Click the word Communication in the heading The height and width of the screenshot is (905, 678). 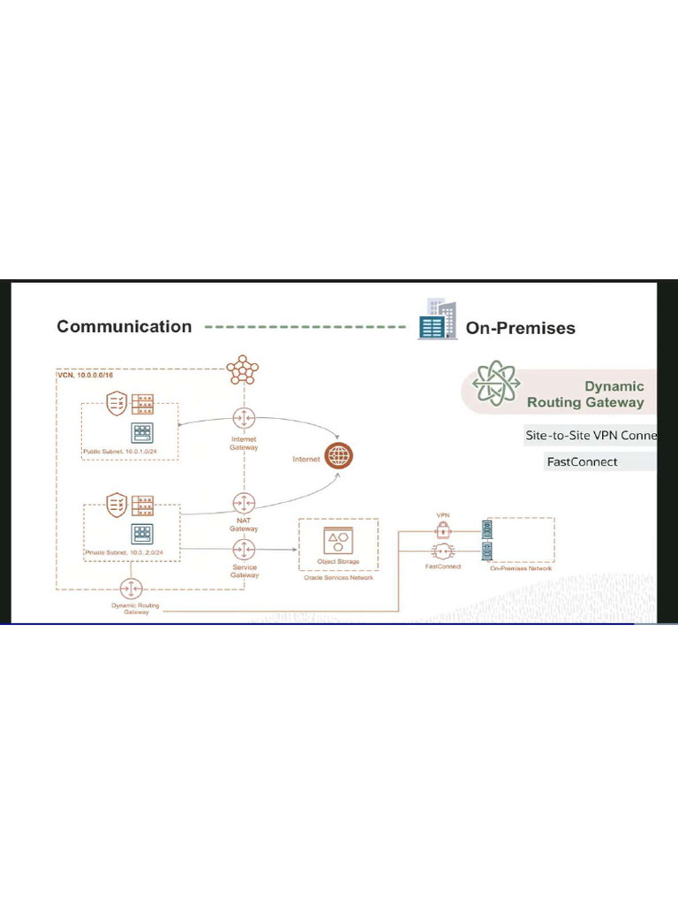tap(124, 327)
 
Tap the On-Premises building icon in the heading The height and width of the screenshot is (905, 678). tap(438, 320)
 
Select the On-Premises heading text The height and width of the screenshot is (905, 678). tap(520, 328)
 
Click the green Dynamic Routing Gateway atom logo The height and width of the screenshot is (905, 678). tap(496, 384)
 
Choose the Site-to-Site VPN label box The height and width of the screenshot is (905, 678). tap(591, 436)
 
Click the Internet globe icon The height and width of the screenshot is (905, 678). tap(338, 456)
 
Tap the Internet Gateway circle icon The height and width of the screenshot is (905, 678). tap(244, 418)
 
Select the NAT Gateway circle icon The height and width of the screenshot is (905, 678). tap(244, 503)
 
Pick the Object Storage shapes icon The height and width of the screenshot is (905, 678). tap(337, 541)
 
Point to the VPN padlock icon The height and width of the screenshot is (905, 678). tap(443, 530)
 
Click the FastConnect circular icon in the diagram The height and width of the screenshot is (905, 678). tap(443, 551)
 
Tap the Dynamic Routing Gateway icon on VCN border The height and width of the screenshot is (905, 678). tap(131, 589)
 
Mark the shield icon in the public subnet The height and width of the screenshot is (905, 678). tap(117, 405)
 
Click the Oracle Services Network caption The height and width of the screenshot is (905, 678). tap(338, 578)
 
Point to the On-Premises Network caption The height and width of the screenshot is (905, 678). tap(521, 568)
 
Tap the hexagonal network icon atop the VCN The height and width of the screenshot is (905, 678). tap(243, 369)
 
